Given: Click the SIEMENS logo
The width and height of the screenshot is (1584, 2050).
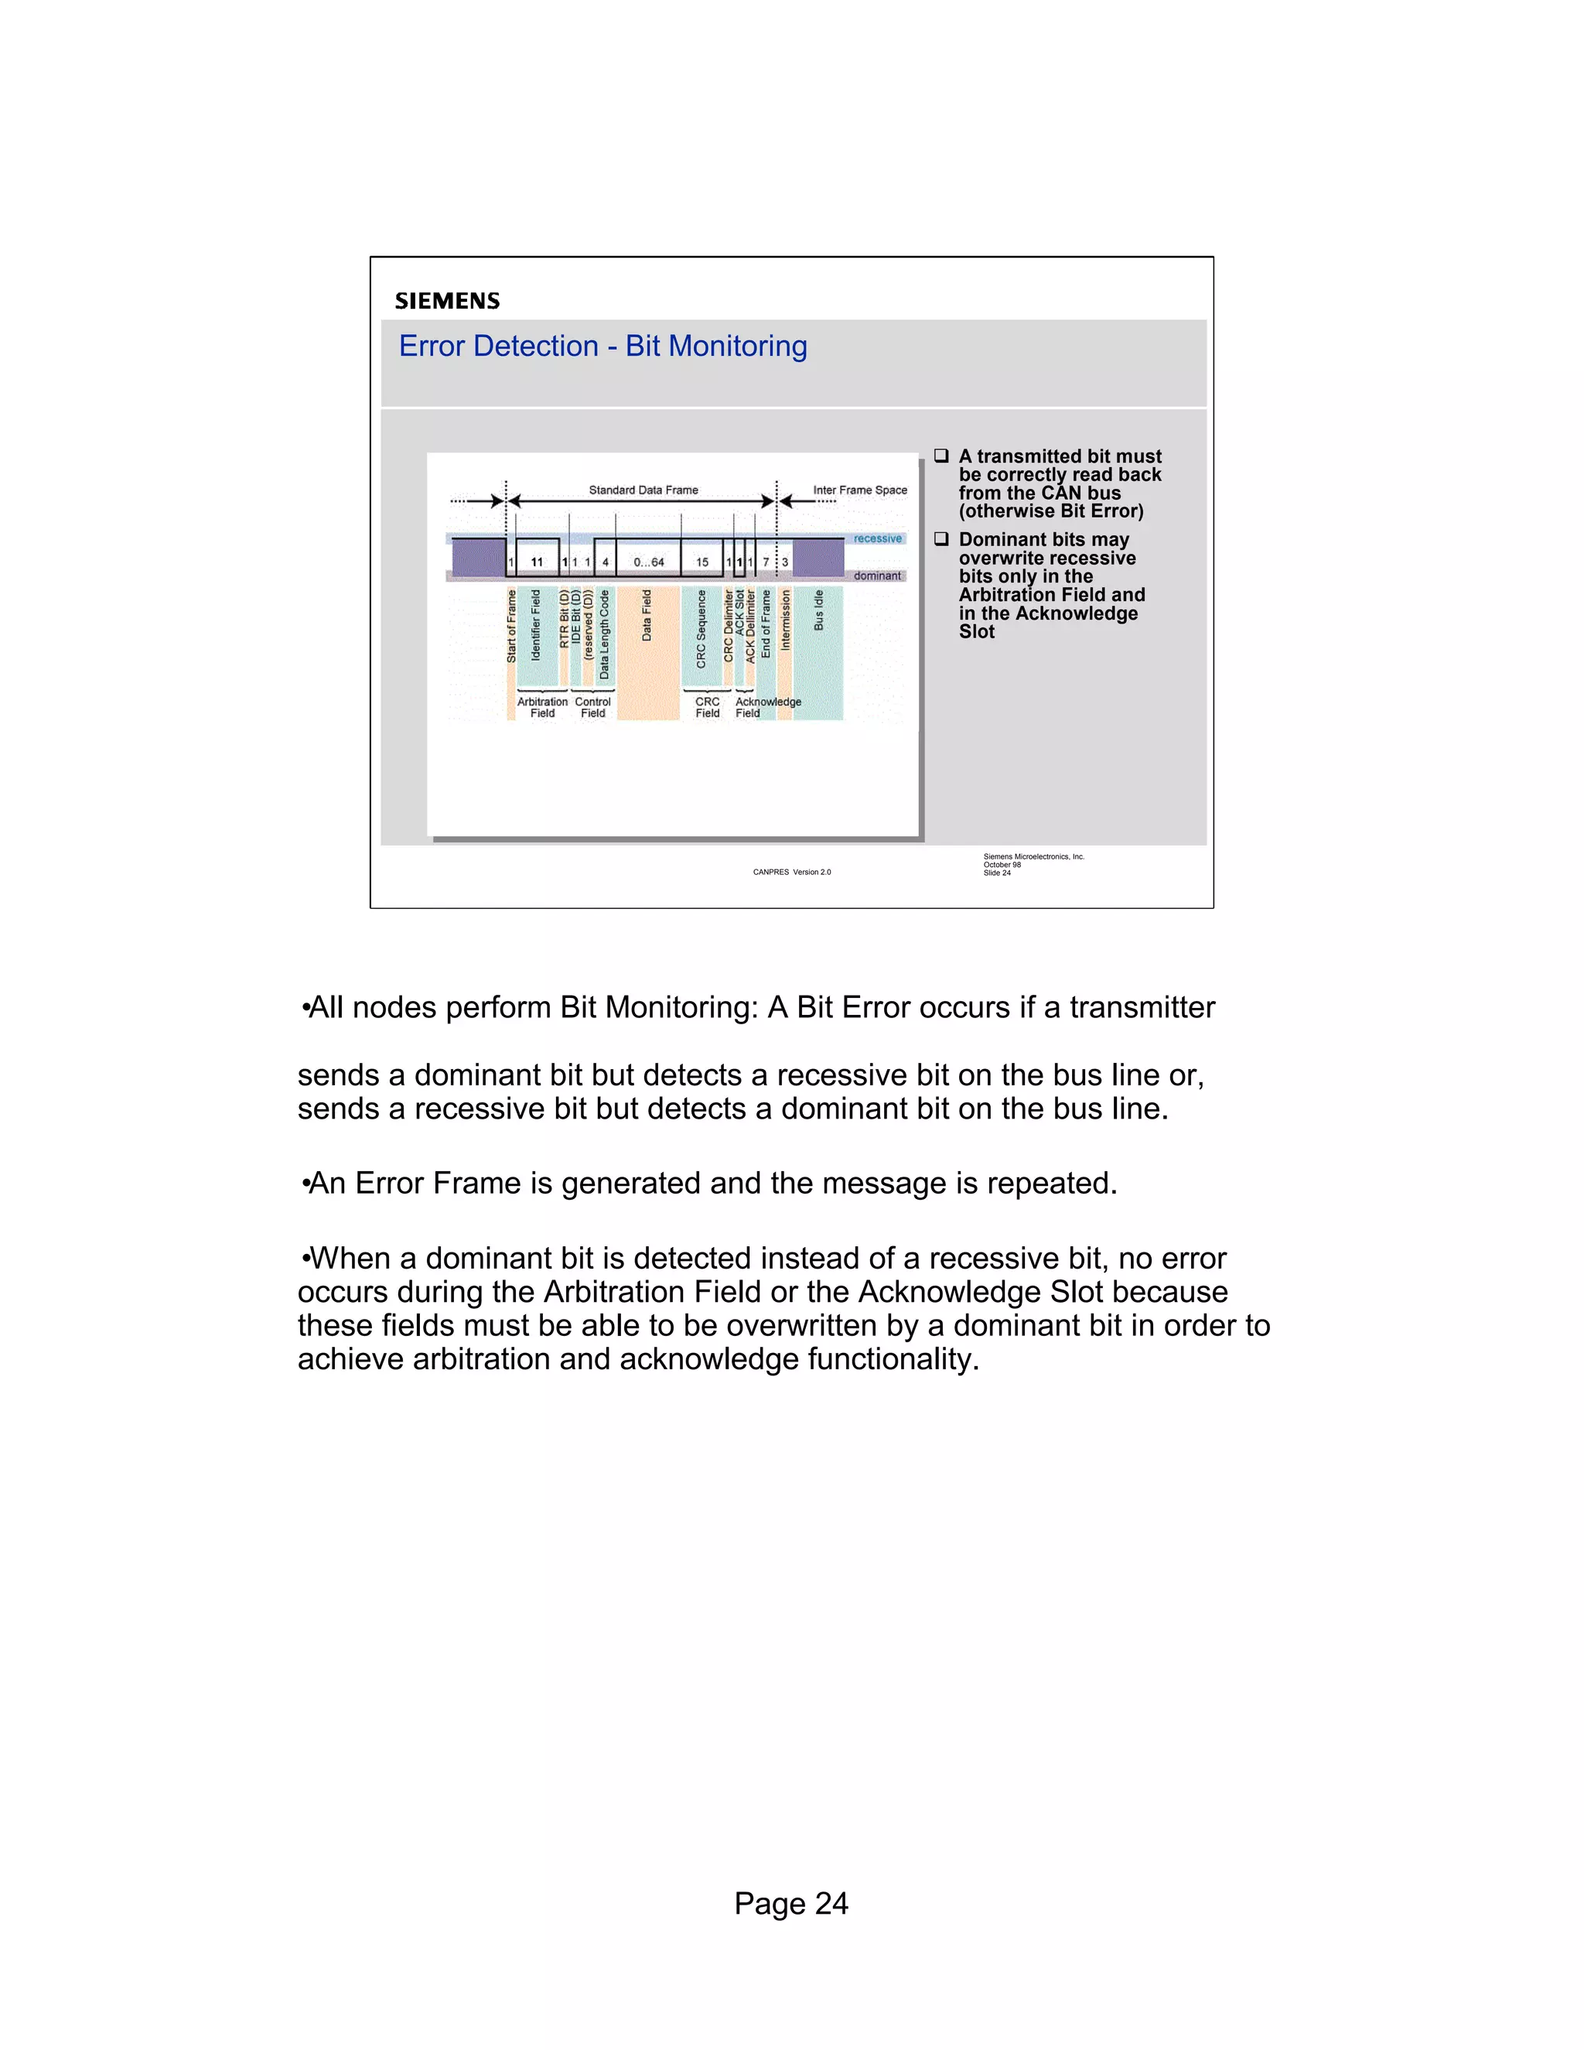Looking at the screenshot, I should click(447, 301).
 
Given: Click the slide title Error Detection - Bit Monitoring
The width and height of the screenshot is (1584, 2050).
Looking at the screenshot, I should click(603, 347).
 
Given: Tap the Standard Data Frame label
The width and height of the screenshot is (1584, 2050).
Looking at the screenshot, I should click(643, 490).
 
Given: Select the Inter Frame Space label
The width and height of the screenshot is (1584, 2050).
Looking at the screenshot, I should click(859, 490).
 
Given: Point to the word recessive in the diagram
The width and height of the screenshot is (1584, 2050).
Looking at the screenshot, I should click(877, 538).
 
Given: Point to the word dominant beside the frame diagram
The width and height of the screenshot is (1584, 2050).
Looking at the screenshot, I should click(876, 576).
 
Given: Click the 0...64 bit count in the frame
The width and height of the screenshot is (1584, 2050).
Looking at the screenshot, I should click(648, 563).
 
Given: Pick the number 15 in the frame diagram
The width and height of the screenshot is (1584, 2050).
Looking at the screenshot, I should click(702, 563).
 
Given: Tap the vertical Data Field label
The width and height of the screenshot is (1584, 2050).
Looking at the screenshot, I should click(647, 616).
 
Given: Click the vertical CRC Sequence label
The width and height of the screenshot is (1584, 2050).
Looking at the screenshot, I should click(701, 629).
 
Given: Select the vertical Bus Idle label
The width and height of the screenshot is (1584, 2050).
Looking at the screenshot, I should click(818, 610).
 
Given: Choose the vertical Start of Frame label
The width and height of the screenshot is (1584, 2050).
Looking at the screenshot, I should click(511, 626).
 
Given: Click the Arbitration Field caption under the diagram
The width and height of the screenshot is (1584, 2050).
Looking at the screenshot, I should click(542, 708).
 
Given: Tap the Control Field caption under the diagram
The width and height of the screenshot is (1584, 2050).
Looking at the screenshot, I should click(593, 708).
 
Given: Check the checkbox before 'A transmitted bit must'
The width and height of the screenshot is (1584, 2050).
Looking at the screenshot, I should click(941, 456).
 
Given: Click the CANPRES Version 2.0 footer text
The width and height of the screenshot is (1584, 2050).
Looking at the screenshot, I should click(791, 872).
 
